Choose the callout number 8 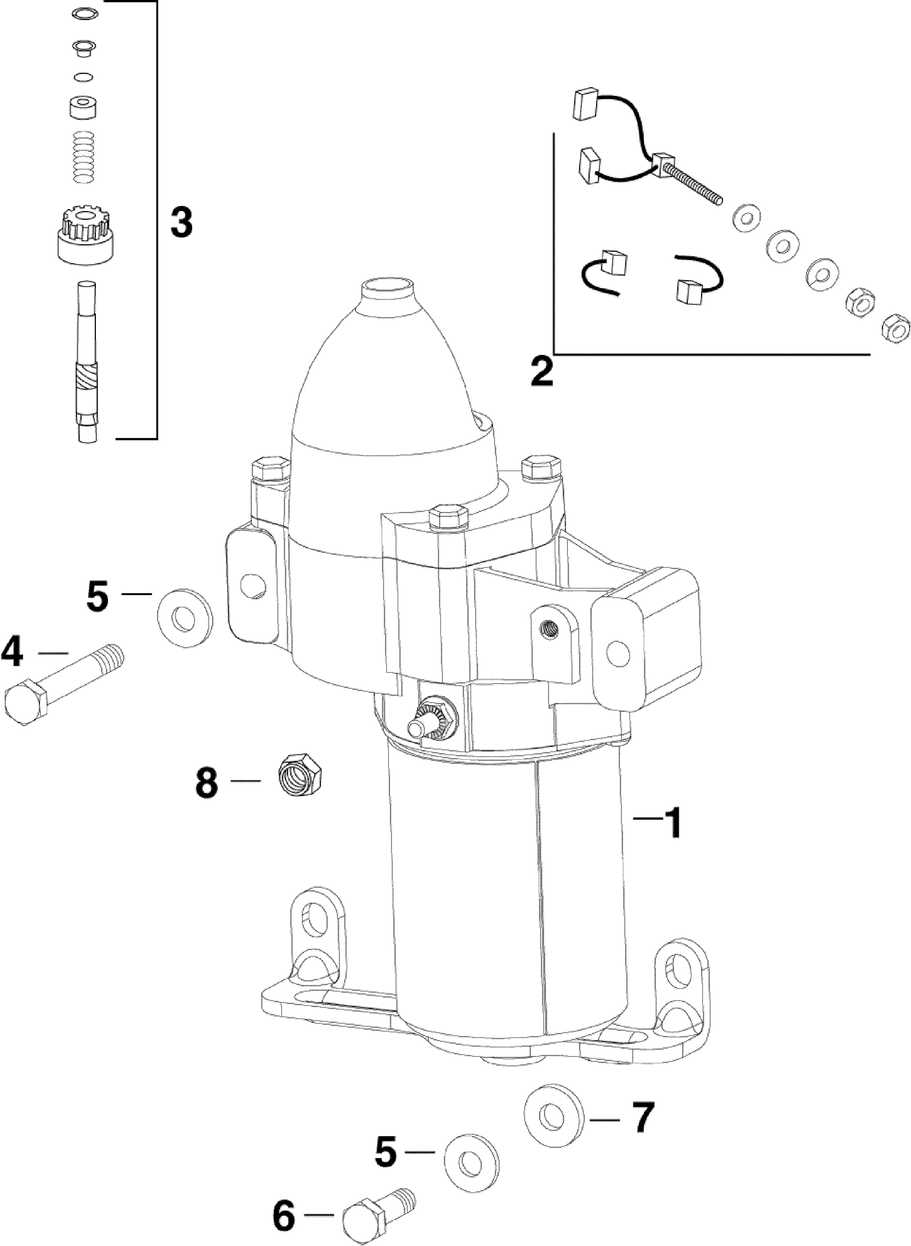(207, 782)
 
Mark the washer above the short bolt (472, 1163)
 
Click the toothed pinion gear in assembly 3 (86, 234)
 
